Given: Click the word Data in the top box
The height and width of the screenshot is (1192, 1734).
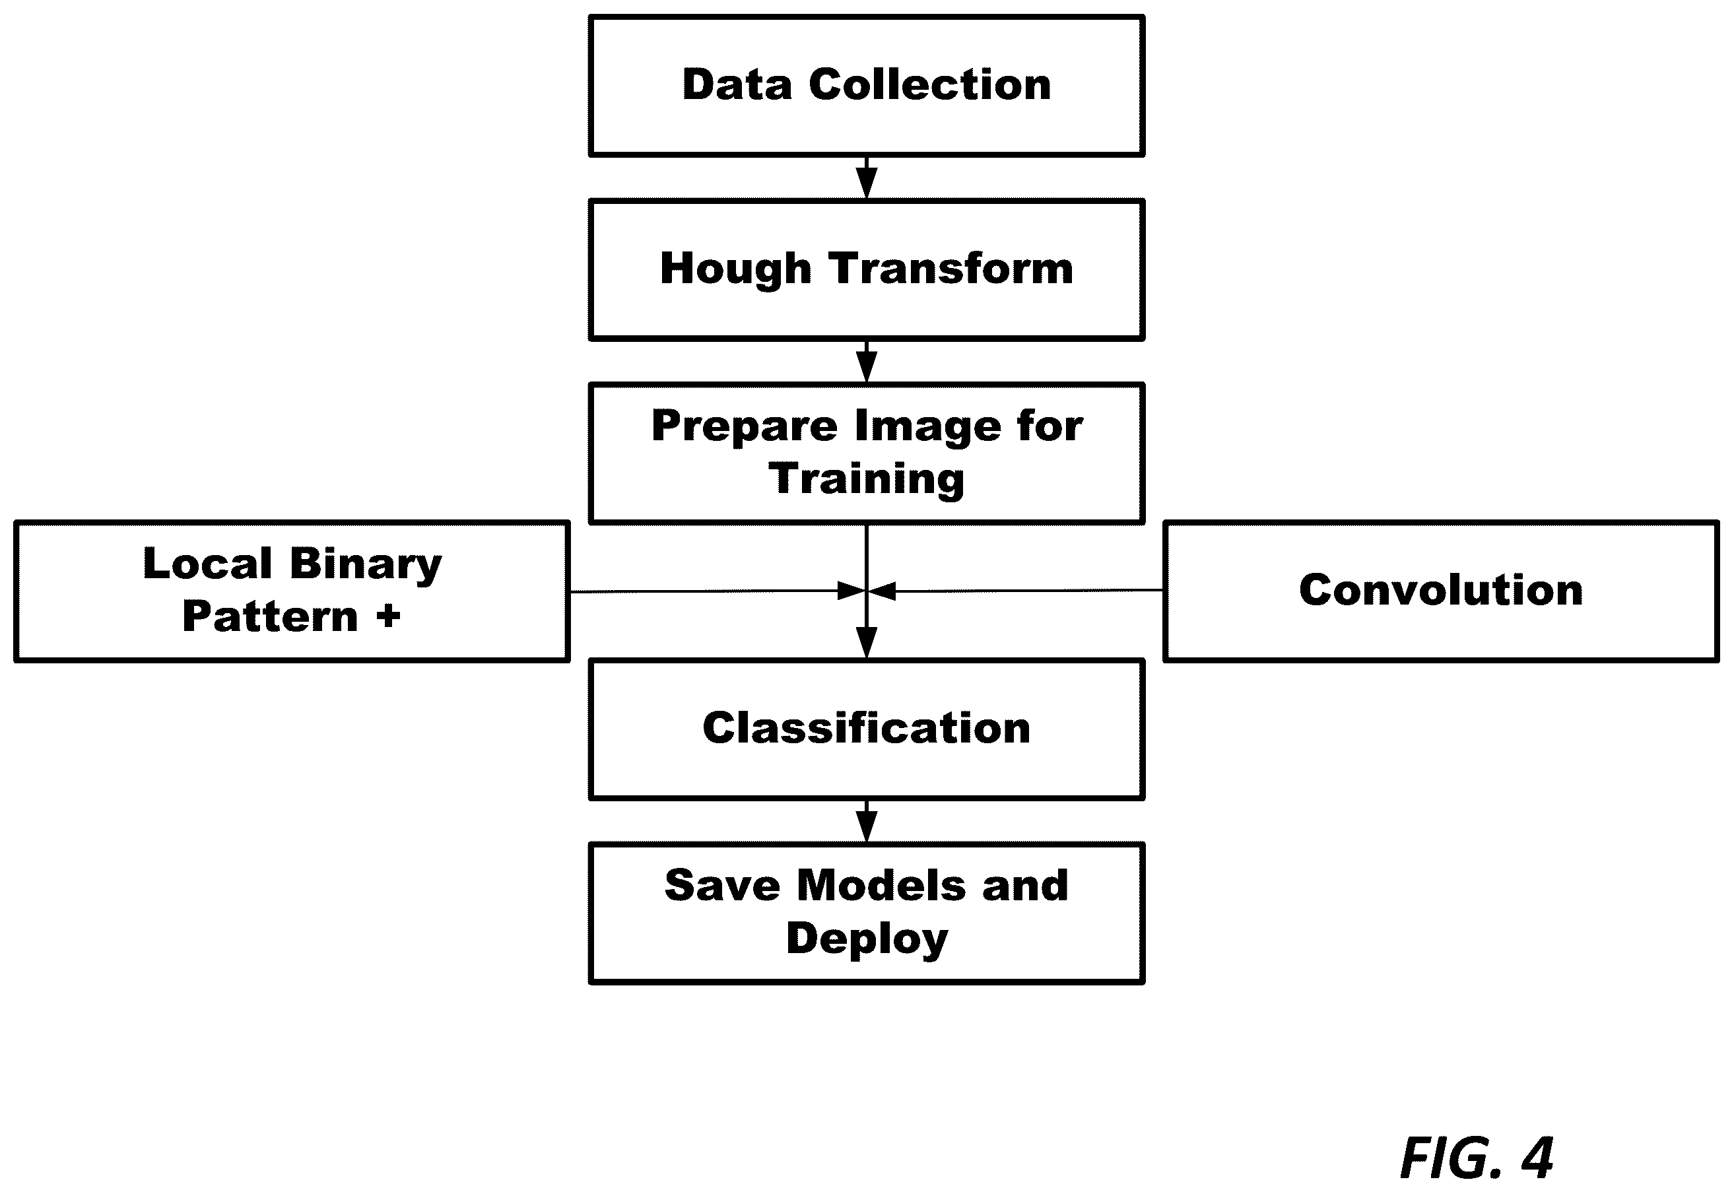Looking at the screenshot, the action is (737, 84).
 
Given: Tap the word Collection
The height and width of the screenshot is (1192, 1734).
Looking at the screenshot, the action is (930, 84).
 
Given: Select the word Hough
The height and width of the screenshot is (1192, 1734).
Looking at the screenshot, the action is (735, 269).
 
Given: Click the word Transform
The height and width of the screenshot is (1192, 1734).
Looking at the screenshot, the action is (951, 268).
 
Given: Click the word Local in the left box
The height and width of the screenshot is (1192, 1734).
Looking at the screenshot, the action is (208, 563).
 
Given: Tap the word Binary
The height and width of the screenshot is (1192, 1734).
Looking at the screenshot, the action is (366, 566).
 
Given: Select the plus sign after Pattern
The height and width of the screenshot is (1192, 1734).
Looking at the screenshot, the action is (388, 617).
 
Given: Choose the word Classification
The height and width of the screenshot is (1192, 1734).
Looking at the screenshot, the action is (866, 728).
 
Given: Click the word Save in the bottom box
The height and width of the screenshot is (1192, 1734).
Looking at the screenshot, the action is (722, 886).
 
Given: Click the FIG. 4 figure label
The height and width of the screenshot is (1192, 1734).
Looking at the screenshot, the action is (1477, 1158).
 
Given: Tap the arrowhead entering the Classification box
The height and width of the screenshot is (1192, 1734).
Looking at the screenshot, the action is (866, 643).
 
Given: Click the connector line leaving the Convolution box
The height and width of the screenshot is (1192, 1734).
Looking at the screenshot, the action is (1017, 591).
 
